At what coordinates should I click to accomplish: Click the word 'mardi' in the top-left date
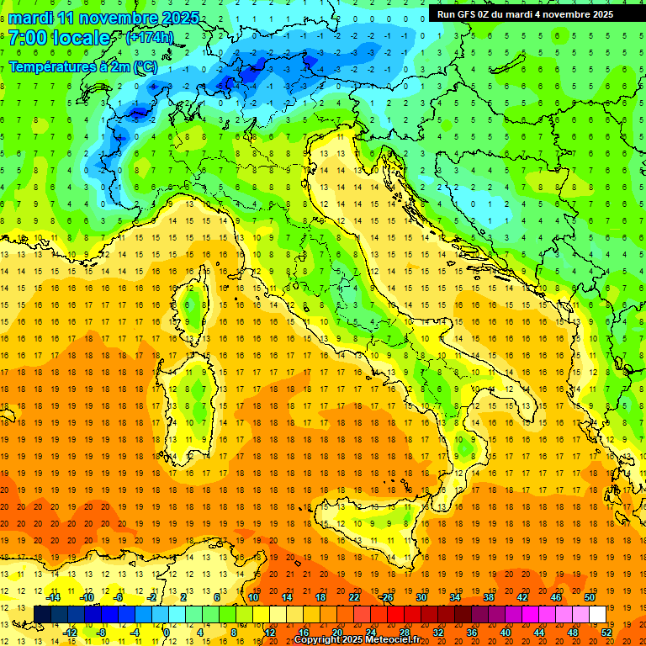click(x=31, y=18)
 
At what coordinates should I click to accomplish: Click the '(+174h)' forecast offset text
click(x=149, y=38)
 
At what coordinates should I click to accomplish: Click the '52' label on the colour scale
click(x=606, y=632)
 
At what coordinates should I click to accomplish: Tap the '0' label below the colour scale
click(x=167, y=632)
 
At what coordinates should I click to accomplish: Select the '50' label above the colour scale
click(x=589, y=597)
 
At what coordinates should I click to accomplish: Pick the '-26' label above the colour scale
click(x=386, y=597)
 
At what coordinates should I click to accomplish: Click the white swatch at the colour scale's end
click(x=597, y=614)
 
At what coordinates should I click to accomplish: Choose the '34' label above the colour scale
click(x=454, y=597)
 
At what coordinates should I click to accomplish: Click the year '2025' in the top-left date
click(x=178, y=18)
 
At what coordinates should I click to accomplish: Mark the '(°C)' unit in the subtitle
click(x=145, y=66)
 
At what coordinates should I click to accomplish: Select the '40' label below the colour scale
click(x=505, y=632)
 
